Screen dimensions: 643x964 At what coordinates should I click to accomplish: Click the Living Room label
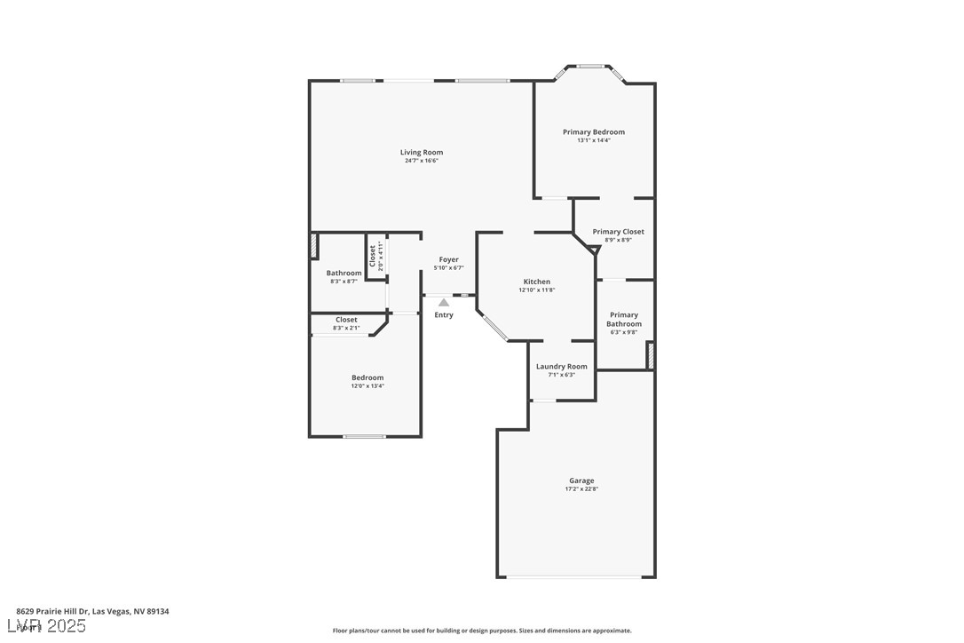pos(421,153)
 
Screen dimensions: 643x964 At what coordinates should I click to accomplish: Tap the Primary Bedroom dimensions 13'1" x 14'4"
pos(593,140)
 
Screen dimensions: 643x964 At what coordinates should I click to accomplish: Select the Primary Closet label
pos(618,232)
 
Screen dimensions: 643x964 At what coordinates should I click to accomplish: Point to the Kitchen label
pos(536,282)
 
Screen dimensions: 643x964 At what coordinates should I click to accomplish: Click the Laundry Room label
pos(561,367)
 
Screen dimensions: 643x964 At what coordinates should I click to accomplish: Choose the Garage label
pos(581,480)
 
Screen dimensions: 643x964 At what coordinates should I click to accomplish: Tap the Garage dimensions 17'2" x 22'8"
pos(581,489)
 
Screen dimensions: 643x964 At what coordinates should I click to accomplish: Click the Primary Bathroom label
pos(624,320)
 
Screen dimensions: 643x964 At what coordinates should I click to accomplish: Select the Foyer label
pos(448,259)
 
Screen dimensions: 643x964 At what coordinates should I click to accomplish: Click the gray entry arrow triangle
pos(443,303)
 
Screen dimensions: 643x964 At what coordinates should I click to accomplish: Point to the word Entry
pos(443,315)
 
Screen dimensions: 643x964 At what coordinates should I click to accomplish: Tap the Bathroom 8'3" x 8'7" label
pos(344,276)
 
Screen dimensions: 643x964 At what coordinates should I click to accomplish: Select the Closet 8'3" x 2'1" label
pos(346,323)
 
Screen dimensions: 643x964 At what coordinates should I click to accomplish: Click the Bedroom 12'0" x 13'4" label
pos(367,381)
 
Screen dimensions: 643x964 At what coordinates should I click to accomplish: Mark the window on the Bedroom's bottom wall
pos(364,436)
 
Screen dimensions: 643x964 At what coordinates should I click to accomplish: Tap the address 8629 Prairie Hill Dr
pos(92,611)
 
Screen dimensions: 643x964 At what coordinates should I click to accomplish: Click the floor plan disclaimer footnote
pos(482,631)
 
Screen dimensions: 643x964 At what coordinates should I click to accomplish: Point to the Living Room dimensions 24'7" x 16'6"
pos(421,161)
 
